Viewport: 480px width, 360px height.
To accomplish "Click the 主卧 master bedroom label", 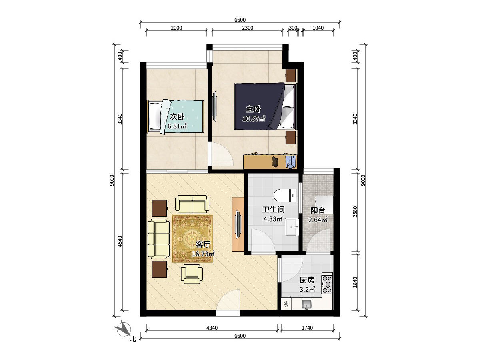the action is pyautogui.click(x=254, y=109).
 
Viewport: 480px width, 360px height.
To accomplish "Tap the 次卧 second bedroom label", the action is pyautogui.click(x=177, y=117).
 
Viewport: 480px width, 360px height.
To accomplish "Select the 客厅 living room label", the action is pyautogui.click(x=203, y=244).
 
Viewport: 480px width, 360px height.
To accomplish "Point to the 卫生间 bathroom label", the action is pyautogui.click(x=273, y=210).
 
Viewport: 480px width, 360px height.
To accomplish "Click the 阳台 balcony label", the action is pyautogui.click(x=318, y=210).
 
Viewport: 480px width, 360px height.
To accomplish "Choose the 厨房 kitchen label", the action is pyautogui.click(x=307, y=280).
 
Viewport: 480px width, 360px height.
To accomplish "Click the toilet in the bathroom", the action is pyautogui.click(x=285, y=196).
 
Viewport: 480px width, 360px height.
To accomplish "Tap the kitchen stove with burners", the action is pyautogui.click(x=327, y=284).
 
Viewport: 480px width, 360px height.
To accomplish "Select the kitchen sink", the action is pyautogui.click(x=306, y=304).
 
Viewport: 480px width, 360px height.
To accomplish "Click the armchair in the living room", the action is pyautogui.click(x=192, y=274).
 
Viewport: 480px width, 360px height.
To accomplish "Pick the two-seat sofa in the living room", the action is pyautogui.click(x=192, y=204).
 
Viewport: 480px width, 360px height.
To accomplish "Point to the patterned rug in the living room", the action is pyautogui.click(x=192, y=239).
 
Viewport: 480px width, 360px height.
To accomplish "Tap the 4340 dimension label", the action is pyautogui.click(x=212, y=328).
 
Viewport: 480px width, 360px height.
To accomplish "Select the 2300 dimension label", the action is pyautogui.click(x=248, y=28).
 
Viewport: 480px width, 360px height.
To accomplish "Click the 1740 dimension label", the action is pyautogui.click(x=307, y=328).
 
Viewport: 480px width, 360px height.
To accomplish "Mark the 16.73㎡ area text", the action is pyautogui.click(x=203, y=254).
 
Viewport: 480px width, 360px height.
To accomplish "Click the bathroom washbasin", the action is pyautogui.click(x=292, y=227).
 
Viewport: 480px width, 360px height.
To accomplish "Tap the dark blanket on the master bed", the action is pyautogui.click(x=258, y=106).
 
